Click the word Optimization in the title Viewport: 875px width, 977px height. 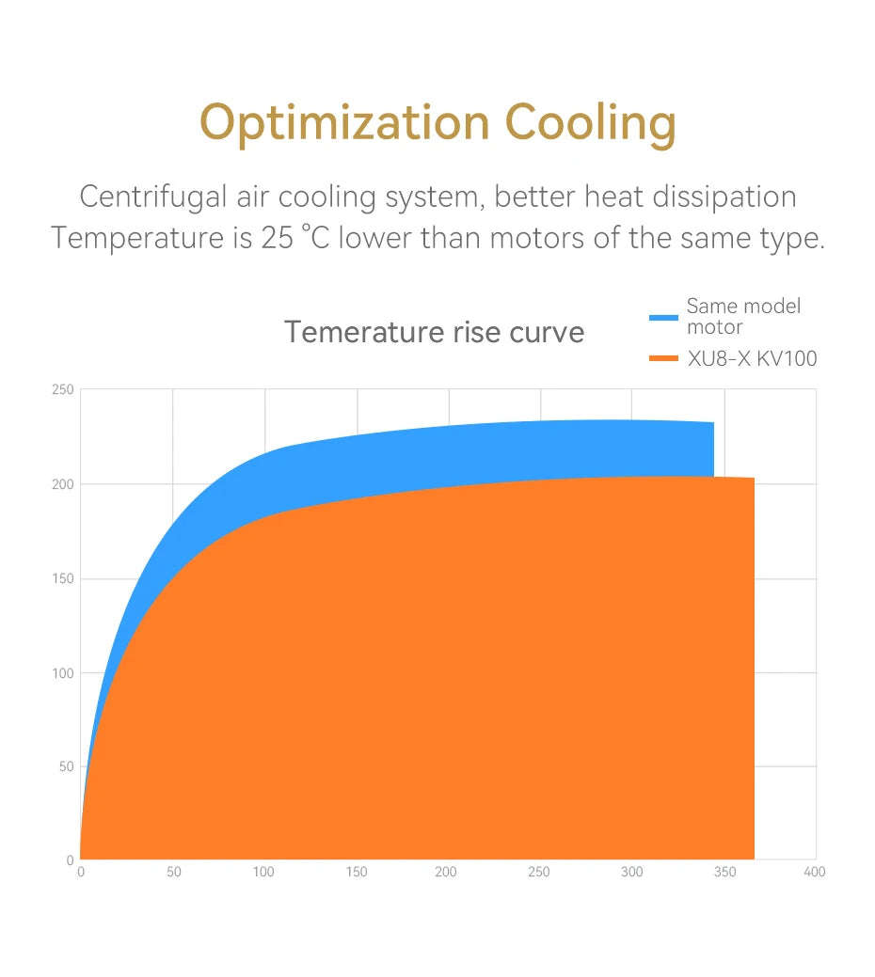click(x=344, y=123)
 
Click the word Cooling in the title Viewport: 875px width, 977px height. click(x=590, y=123)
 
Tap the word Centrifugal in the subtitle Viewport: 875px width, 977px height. click(x=153, y=197)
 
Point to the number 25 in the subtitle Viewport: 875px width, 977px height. click(x=277, y=238)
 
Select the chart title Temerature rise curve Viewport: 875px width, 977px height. click(x=434, y=332)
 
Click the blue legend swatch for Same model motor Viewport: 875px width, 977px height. click(x=663, y=318)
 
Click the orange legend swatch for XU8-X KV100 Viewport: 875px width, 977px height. click(x=663, y=358)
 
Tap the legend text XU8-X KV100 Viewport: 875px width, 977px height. click(x=753, y=358)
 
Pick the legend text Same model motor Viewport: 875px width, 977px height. click(x=743, y=316)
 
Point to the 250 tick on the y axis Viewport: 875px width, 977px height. click(x=64, y=390)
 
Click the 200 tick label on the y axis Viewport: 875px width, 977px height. click(x=64, y=484)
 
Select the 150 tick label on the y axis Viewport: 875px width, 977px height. click(x=64, y=578)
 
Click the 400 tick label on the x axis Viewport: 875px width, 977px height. click(x=815, y=873)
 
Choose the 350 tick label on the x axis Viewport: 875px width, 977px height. click(x=724, y=873)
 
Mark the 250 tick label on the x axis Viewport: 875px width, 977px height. click(x=539, y=873)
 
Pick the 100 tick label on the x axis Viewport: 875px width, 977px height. click(x=263, y=873)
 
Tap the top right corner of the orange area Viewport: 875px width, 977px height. click(x=753, y=480)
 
